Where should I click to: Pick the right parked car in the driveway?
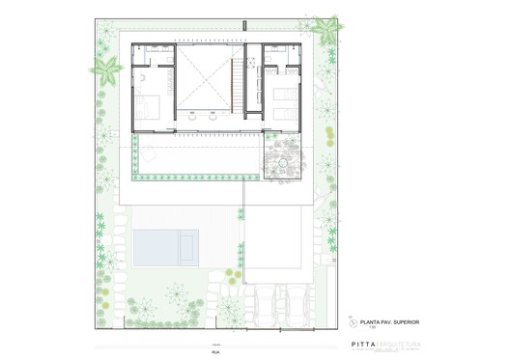(291, 298)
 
